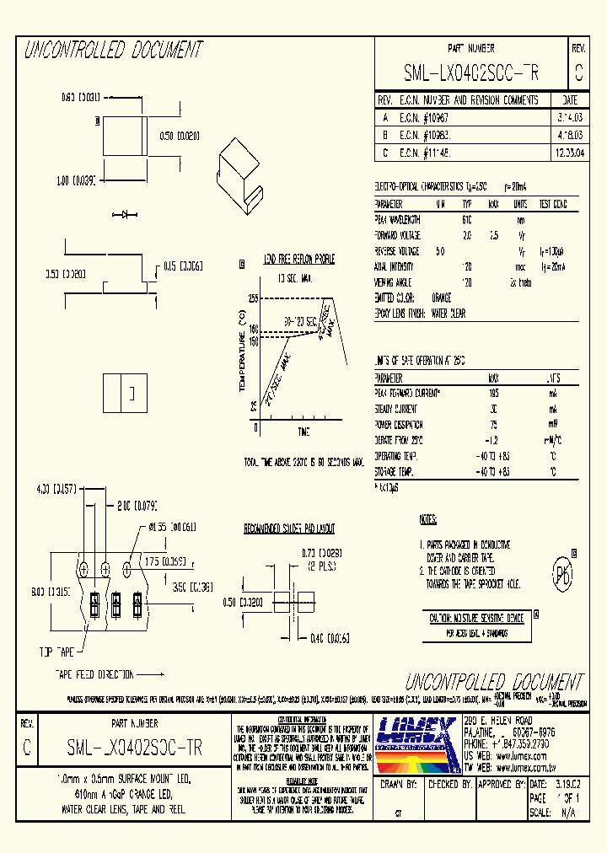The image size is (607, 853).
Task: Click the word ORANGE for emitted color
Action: (x=440, y=298)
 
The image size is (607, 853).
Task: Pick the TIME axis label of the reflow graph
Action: (x=303, y=432)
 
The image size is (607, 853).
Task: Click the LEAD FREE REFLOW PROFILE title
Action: (x=299, y=260)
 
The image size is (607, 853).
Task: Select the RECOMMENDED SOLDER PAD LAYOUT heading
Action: (x=289, y=528)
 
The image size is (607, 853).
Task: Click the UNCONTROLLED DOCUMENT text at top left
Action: (x=113, y=51)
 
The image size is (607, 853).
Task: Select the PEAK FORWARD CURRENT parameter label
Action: (x=409, y=393)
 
